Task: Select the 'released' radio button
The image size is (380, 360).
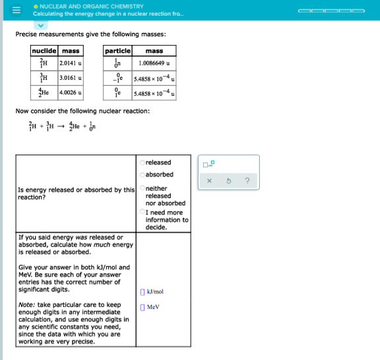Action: click(x=142, y=162)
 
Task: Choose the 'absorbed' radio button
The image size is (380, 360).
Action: click(x=142, y=174)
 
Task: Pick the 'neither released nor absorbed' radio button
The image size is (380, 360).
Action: click(x=142, y=189)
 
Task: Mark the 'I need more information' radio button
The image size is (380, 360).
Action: click(x=142, y=212)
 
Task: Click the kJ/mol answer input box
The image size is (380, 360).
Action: click(x=142, y=291)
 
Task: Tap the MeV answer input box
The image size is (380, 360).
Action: click(x=142, y=307)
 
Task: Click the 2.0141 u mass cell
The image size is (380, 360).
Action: click(x=71, y=63)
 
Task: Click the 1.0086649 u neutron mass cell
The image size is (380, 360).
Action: click(x=154, y=63)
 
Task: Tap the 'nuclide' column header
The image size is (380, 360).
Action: click(x=45, y=51)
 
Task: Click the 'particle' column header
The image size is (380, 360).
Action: click(x=118, y=51)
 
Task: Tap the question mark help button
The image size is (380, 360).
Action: click(x=245, y=179)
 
